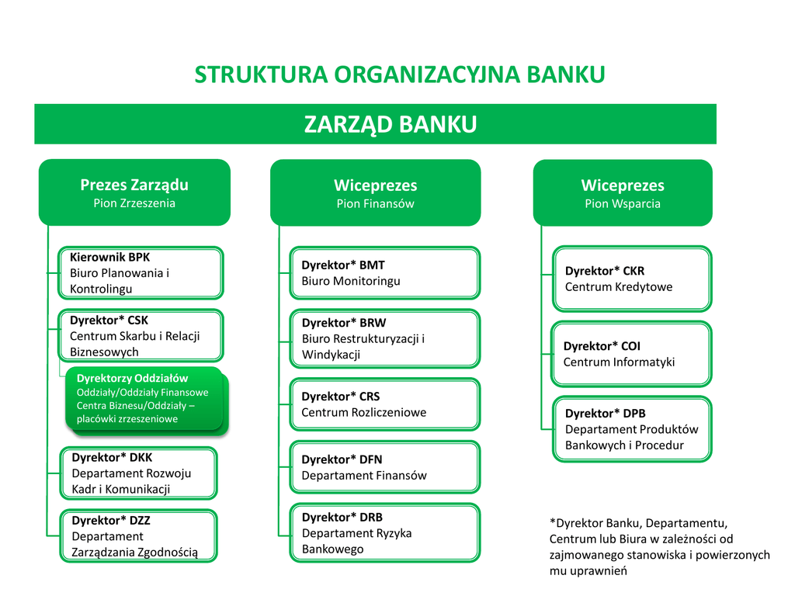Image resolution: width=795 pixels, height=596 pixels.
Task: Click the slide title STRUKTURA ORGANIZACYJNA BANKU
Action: (x=399, y=74)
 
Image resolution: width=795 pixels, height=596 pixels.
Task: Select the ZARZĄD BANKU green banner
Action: (x=375, y=124)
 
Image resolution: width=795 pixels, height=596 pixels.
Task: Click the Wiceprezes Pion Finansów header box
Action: (x=375, y=193)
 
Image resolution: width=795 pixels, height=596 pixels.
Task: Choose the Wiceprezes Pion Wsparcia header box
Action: (x=622, y=193)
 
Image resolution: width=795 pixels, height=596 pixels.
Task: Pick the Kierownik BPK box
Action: (x=141, y=272)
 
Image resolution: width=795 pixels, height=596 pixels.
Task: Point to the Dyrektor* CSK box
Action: (x=141, y=336)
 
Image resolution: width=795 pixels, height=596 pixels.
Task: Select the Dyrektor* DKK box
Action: (x=139, y=473)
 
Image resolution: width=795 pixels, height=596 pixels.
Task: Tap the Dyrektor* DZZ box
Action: (x=139, y=536)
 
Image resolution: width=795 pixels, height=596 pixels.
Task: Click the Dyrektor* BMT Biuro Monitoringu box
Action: (x=384, y=273)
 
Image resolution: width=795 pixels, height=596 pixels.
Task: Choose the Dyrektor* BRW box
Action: (x=384, y=338)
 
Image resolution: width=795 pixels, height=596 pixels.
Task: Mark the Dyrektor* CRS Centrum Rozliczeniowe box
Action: (x=384, y=404)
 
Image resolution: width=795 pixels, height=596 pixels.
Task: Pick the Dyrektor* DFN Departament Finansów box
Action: (x=384, y=467)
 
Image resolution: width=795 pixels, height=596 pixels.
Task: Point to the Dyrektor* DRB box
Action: (x=384, y=533)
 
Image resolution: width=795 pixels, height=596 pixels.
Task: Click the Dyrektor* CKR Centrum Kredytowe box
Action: (x=631, y=279)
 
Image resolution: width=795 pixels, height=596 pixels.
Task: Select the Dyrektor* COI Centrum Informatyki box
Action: (x=631, y=354)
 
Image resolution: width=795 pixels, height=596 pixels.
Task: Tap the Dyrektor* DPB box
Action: (x=631, y=429)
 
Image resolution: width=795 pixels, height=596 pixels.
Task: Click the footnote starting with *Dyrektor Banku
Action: (x=659, y=547)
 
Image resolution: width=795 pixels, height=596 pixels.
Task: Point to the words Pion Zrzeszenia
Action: (x=134, y=203)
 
